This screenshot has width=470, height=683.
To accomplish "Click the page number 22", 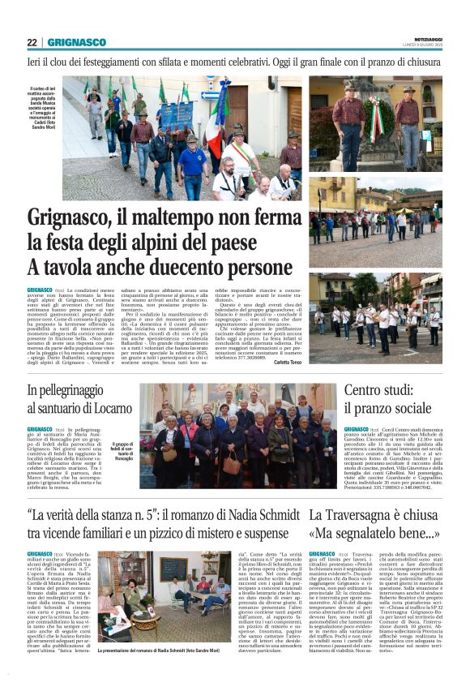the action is point(32,43).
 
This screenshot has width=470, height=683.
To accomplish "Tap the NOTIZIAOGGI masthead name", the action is point(424,38).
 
